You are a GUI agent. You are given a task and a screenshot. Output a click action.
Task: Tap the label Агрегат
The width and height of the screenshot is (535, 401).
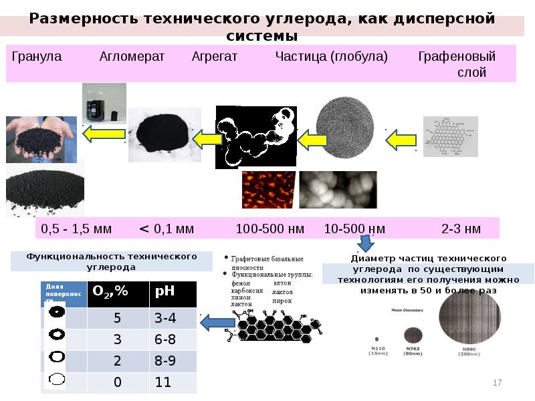click(215, 57)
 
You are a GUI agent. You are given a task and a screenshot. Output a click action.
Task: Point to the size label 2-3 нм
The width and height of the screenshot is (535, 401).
click(461, 229)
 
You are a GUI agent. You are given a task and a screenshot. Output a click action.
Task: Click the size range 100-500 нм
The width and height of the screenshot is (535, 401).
click(270, 229)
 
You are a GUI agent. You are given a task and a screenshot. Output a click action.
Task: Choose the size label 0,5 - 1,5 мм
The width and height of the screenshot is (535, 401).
click(76, 229)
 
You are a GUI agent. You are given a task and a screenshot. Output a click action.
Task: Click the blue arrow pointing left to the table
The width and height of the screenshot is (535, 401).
click(212, 324)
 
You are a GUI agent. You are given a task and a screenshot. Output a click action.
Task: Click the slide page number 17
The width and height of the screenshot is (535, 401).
click(497, 383)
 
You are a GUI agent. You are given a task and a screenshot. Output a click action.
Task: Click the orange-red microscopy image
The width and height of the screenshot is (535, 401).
click(267, 189)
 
